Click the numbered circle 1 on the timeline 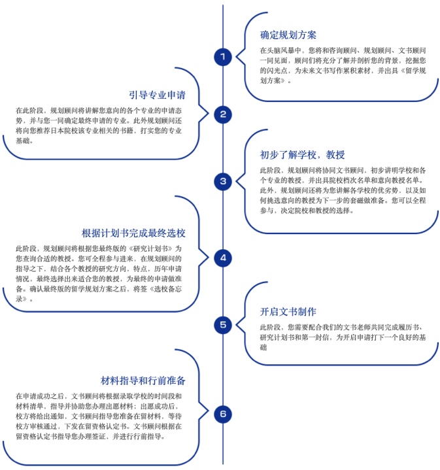click(x=223, y=57)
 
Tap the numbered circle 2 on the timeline click(x=223, y=114)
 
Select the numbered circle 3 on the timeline click(x=223, y=181)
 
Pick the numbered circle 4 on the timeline click(x=223, y=258)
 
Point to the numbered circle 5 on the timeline click(x=223, y=325)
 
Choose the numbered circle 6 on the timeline click(x=223, y=414)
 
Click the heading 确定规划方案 click(x=288, y=35)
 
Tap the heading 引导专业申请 click(x=158, y=95)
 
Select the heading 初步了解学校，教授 click(x=303, y=155)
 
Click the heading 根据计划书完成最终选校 click(x=133, y=233)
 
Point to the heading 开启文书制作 click(x=288, y=312)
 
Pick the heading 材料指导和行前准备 click(x=143, y=380)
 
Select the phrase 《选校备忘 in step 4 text click(x=165, y=289)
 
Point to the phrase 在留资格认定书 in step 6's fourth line click(x=102, y=426)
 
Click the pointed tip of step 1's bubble click(x=236, y=56)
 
